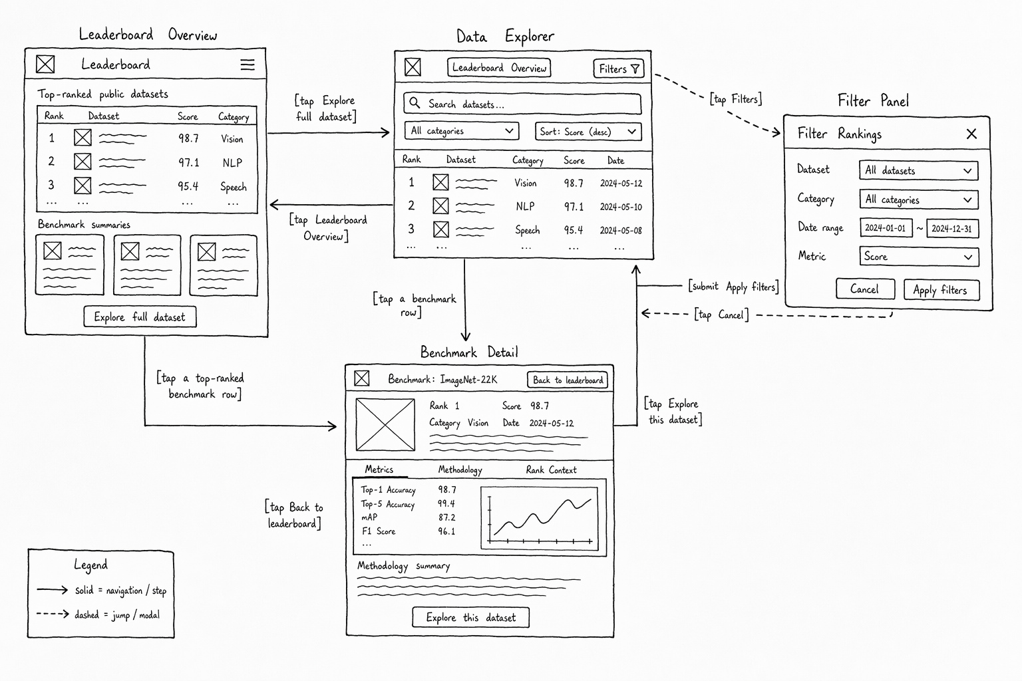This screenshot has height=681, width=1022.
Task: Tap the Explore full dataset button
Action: pos(140,317)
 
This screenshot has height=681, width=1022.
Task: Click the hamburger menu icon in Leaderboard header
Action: pos(248,65)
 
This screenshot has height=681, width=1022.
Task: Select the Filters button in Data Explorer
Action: pos(619,69)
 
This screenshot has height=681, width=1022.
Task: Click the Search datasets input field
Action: pos(522,104)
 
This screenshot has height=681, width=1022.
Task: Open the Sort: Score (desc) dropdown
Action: pos(588,132)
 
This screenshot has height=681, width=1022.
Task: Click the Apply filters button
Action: pos(941,290)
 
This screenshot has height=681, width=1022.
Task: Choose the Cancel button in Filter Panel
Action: pos(865,289)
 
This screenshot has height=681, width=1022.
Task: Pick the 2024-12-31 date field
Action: pos(953,229)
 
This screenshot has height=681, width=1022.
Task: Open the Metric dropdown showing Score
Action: pos(919,256)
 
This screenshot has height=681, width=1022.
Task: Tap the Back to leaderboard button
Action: pos(568,380)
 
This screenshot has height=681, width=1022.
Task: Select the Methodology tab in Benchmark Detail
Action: pos(460,470)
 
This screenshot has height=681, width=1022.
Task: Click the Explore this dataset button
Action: pos(471,618)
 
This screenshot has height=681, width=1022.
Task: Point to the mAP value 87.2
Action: pos(446,517)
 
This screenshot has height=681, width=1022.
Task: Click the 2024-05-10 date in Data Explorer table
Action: pos(621,207)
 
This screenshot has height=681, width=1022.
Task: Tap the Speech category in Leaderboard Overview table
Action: pos(233,187)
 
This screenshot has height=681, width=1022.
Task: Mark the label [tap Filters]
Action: pos(735,99)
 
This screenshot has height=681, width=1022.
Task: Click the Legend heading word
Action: pos(90,565)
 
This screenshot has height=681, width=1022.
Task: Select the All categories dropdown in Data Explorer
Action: pos(462,131)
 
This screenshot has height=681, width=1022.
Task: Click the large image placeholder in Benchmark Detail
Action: pos(385,425)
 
